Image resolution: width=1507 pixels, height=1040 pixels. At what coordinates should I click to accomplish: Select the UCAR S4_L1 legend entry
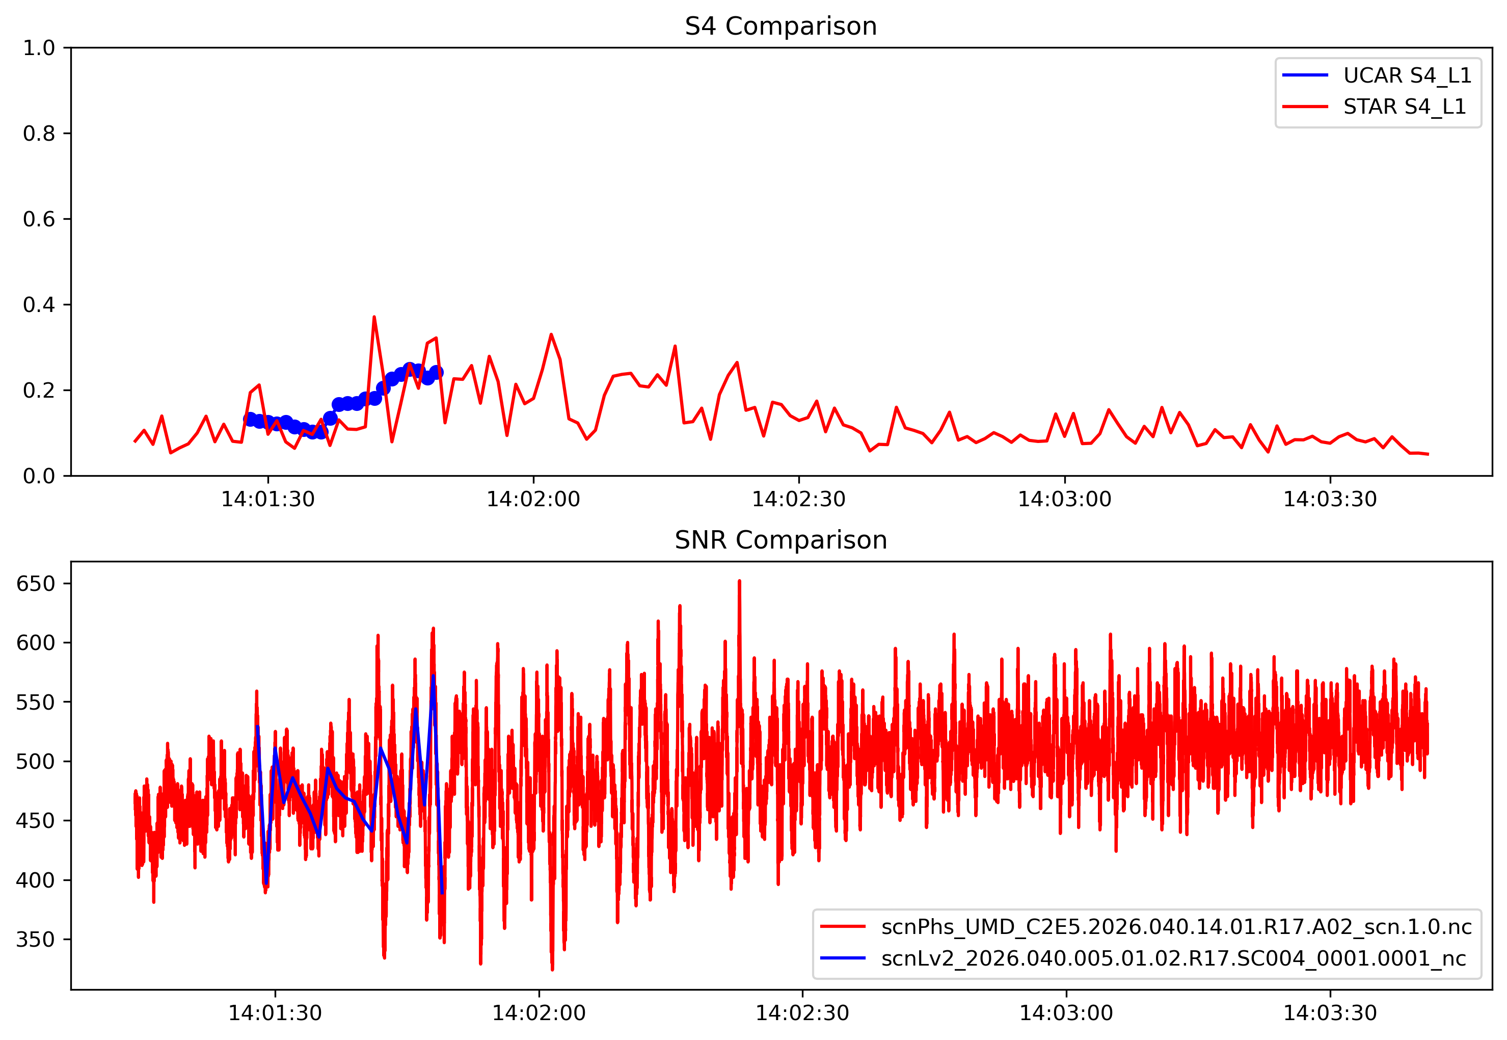(x=1407, y=75)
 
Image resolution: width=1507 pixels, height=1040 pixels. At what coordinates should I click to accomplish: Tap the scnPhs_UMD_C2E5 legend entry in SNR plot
(x=1175, y=927)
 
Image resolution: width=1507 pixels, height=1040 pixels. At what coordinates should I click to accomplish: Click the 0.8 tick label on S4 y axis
(x=39, y=134)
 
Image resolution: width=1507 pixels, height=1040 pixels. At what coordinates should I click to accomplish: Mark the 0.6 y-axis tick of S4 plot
(x=39, y=219)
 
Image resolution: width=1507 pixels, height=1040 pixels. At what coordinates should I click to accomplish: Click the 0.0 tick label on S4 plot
(x=39, y=476)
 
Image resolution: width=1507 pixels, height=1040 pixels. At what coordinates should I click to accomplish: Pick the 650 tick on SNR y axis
(x=35, y=583)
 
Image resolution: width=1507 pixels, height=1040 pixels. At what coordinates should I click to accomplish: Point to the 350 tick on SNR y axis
(x=35, y=939)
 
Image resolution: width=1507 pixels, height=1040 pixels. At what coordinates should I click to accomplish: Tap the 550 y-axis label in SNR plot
(x=35, y=702)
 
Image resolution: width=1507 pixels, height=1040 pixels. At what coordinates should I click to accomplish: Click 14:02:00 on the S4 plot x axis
(x=533, y=499)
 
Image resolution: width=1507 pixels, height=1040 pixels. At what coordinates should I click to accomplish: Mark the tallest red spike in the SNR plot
(x=739, y=581)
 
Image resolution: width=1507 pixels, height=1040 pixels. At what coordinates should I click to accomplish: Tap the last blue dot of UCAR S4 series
(x=436, y=372)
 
